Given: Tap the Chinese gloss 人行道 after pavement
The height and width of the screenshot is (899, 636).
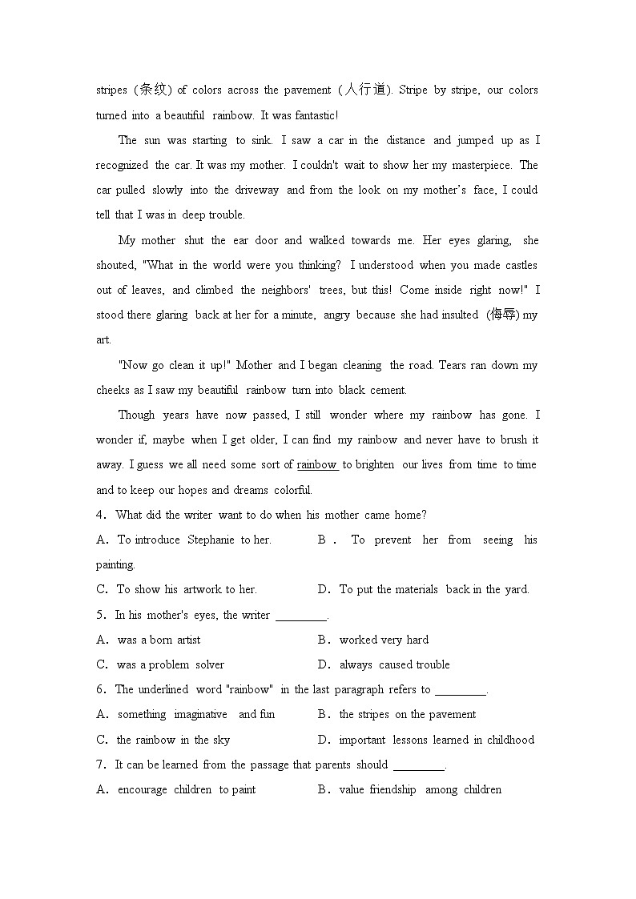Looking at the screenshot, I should click(x=364, y=90).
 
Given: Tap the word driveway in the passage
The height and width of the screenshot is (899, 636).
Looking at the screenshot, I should click(x=257, y=190).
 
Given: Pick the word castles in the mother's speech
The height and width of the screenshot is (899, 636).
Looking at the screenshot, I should click(x=521, y=265).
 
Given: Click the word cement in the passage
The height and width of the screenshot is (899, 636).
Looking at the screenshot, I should click(x=388, y=390).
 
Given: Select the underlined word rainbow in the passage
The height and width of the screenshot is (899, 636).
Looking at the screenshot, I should click(x=317, y=464).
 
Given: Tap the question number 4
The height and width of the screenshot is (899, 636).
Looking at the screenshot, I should click(x=101, y=515).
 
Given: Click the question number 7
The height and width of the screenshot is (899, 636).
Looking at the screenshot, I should click(x=101, y=765).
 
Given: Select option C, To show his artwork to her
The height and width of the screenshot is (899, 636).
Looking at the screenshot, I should click(x=186, y=589).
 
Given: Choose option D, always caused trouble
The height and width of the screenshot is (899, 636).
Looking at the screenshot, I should click(x=394, y=664).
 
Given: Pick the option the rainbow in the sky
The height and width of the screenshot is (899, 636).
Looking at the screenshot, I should click(x=173, y=740).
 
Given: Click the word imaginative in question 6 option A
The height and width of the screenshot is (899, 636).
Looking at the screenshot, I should click(x=200, y=714).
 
